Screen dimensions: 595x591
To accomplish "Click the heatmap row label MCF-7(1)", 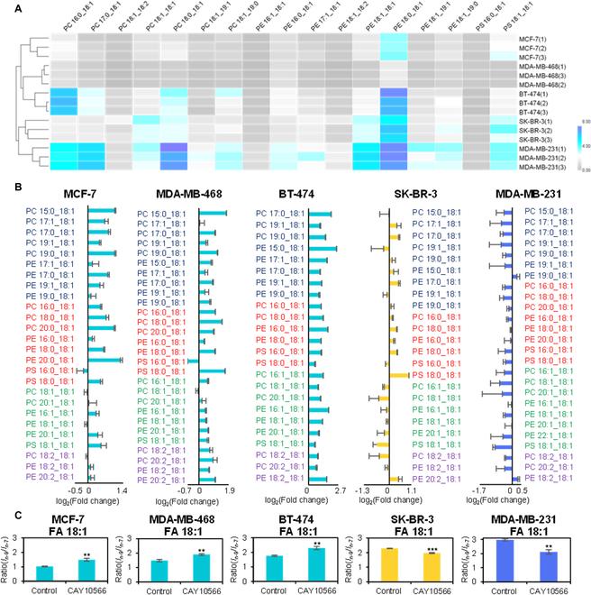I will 531,41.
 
